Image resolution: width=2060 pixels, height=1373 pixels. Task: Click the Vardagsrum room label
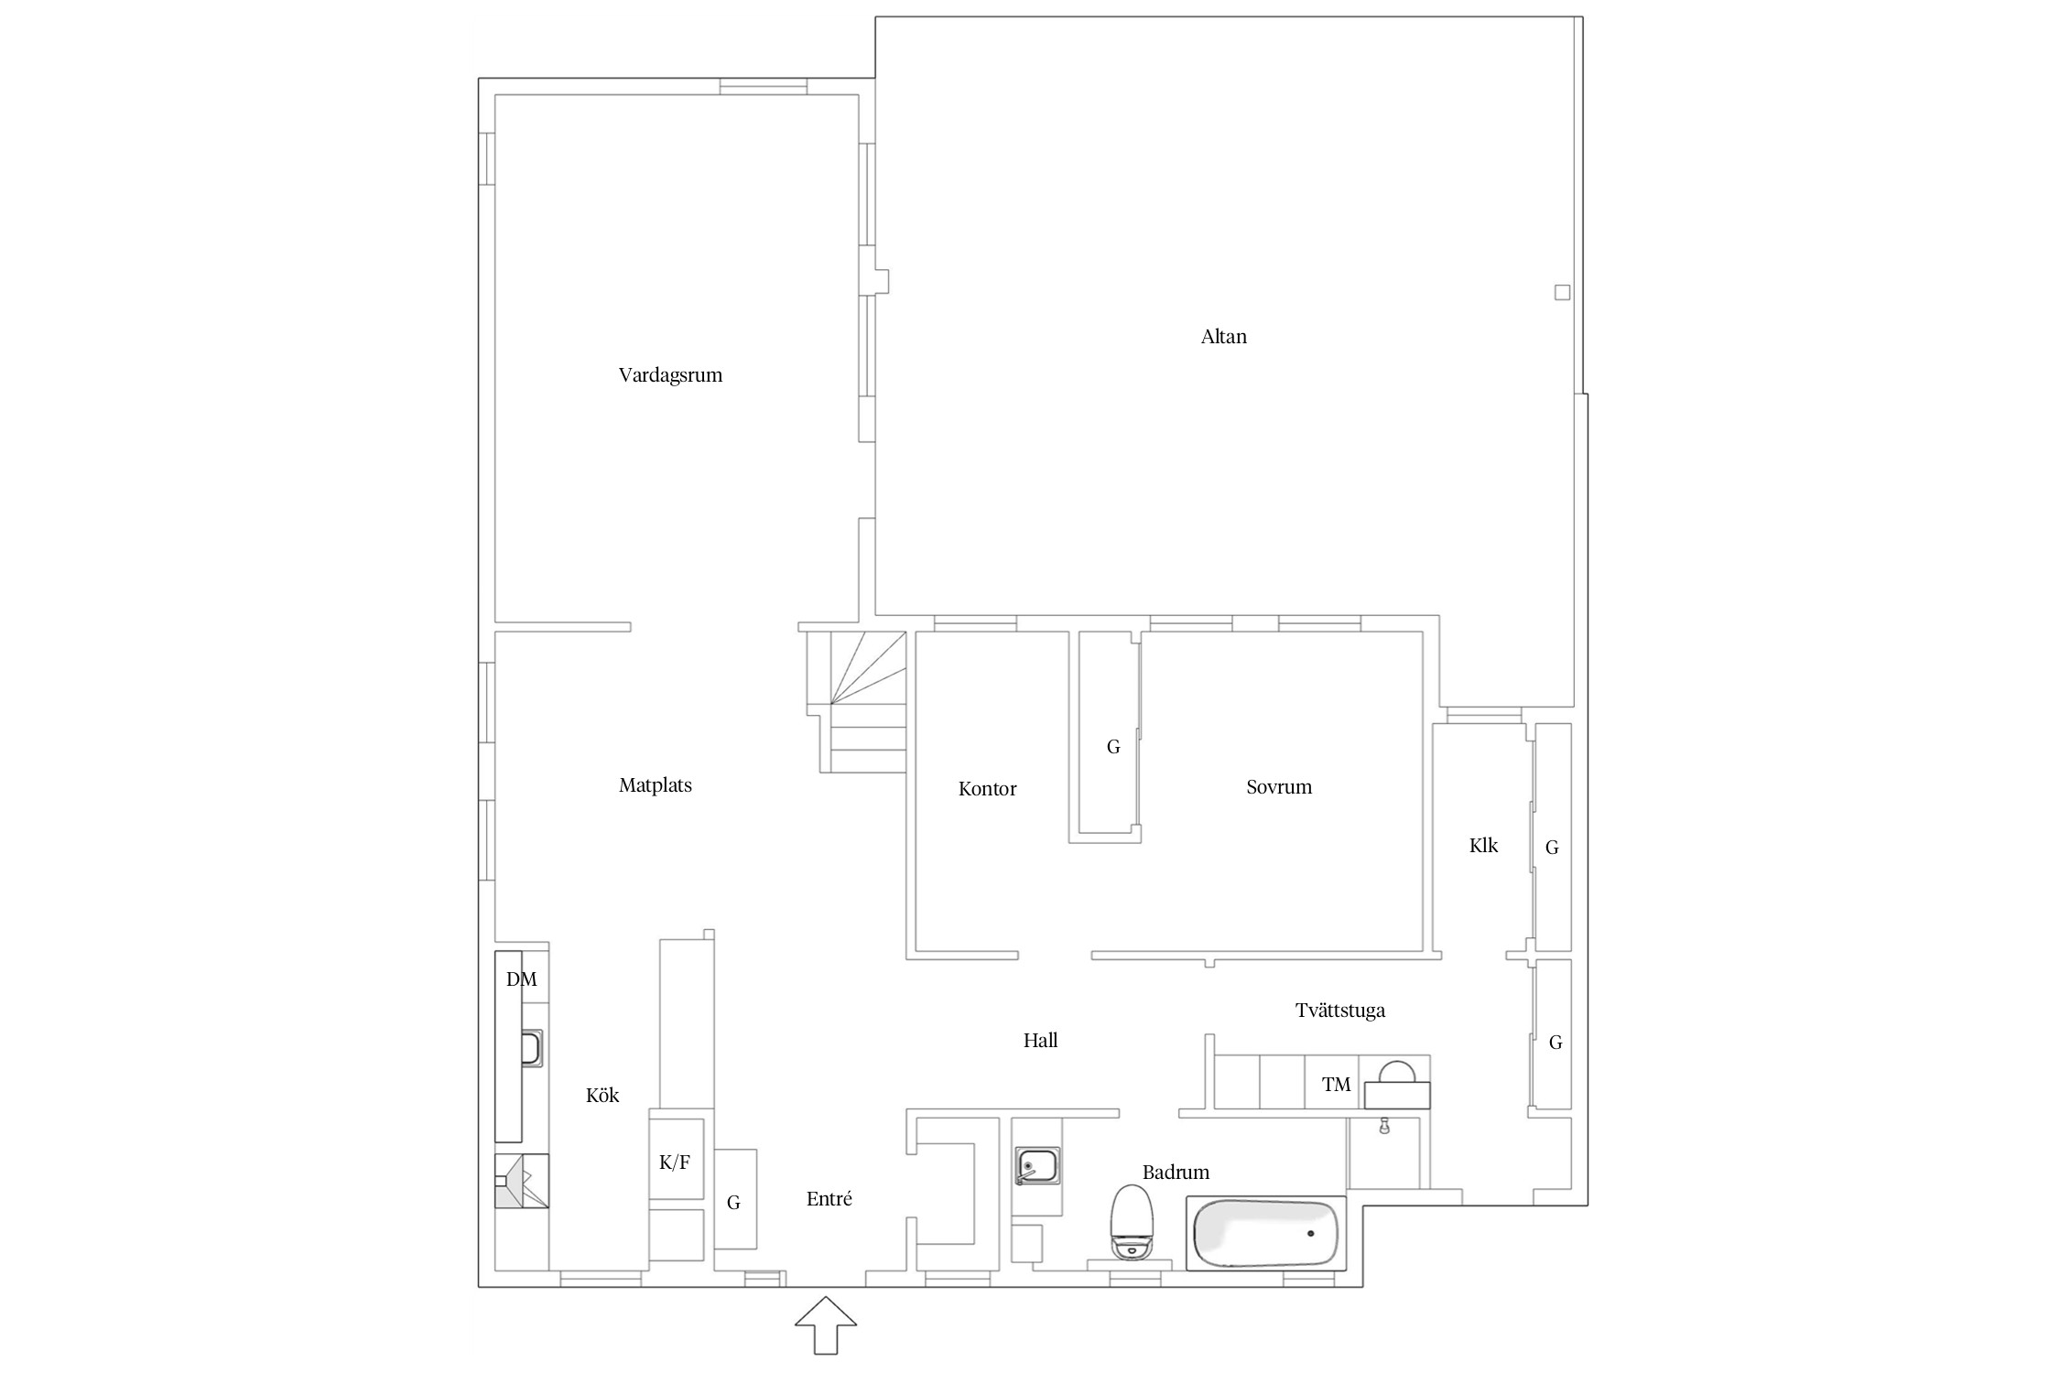(x=670, y=375)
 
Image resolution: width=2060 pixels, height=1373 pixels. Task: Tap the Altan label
(x=1223, y=337)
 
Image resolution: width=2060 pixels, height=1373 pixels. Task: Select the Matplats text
(x=655, y=785)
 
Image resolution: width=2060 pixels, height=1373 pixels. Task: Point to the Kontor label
(x=987, y=789)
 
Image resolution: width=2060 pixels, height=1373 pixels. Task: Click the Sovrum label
(x=1278, y=787)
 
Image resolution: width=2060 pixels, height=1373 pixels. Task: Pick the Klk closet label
(x=1483, y=846)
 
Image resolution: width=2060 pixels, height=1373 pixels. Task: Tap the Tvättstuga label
(x=1339, y=1011)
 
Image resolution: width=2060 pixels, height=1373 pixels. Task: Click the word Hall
(x=1040, y=1040)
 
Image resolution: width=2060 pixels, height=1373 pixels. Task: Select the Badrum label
(x=1176, y=1172)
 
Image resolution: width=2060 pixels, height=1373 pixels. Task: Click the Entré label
(x=829, y=1199)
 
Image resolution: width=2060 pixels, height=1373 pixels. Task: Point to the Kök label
(x=602, y=1095)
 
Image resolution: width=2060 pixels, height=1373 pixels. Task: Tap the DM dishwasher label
(x=522, y=979)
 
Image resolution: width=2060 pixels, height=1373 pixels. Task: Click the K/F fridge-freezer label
(x=675, y=1162)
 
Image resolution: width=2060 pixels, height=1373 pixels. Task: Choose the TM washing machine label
(x=1337, y=1085)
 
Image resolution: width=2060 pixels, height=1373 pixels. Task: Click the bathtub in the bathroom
(x=1266, y=1233)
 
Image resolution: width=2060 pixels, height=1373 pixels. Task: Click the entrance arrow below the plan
(x=825, y=1324)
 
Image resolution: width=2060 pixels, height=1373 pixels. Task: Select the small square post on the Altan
(x=1562, y=293)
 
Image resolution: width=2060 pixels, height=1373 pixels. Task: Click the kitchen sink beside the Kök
(x=531, y=1047)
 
